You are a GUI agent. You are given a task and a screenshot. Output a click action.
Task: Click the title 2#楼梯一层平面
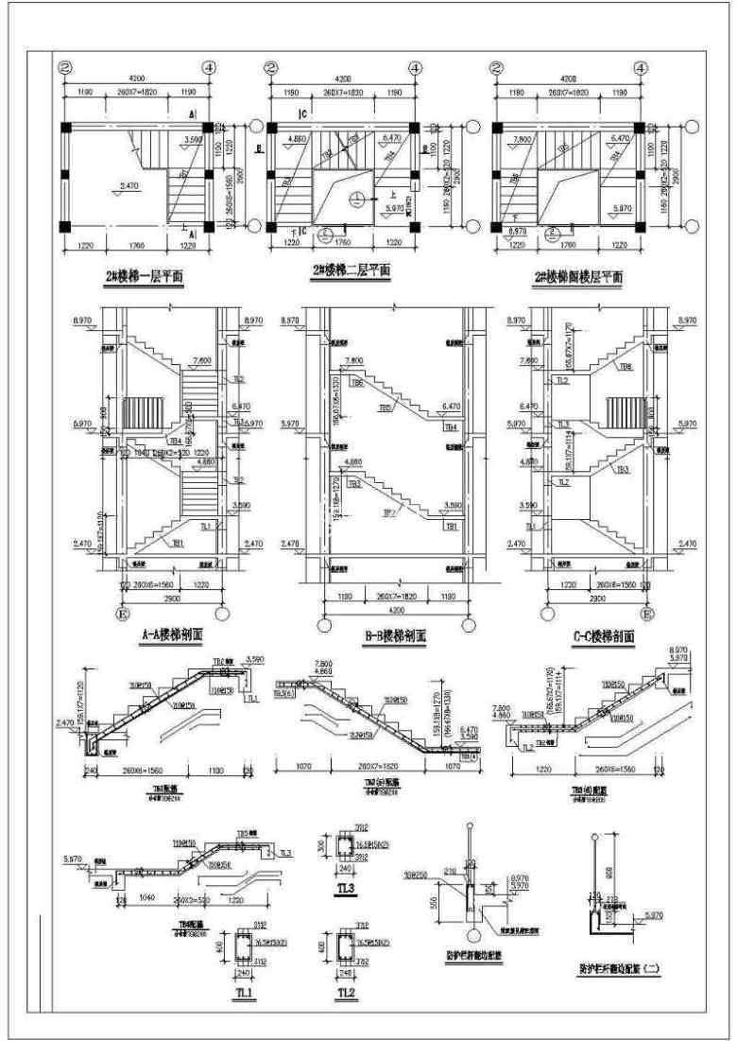pos(145,275)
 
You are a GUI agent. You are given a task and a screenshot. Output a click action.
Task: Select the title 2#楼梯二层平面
pos(351,272)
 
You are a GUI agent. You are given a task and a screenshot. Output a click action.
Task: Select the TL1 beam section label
pos(244,993)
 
